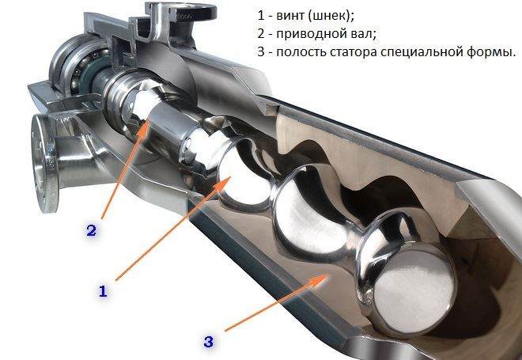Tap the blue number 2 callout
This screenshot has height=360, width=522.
click(92, 231)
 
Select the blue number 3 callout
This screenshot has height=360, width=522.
click(208, 342)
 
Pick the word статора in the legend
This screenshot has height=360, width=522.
click(360, 52)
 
